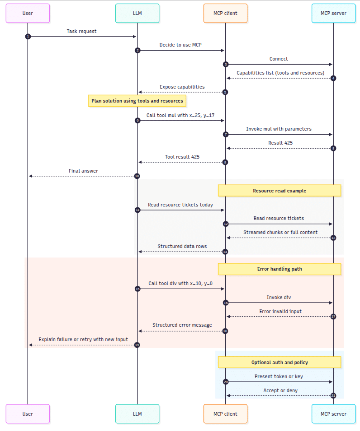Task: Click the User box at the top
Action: point(28,13)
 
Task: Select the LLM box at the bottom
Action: point(137,413)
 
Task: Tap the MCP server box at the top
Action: point(333,13)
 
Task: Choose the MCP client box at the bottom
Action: point(225,413)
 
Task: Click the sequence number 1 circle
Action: point(28,37)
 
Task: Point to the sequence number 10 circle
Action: point(137,176)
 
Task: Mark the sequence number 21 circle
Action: point(333,396)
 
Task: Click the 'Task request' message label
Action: point(82,32)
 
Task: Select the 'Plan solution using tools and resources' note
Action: point(137,101)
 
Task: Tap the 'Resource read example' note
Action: point(279,191)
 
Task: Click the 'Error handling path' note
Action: point(279,269)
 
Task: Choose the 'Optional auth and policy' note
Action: point(279,362)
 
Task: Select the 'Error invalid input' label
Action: point(280,311)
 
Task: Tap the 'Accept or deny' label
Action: point(280,390)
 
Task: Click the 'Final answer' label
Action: point(83,171)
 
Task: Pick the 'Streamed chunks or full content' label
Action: point(280,232)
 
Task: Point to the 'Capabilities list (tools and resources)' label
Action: point(280,73)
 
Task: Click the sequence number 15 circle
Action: point(137,289)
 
